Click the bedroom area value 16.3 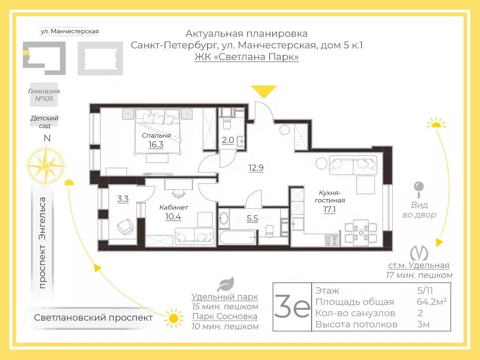(156, 144)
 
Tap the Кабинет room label (173, 207)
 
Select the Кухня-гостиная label (330, 196)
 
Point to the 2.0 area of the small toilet (228, 140)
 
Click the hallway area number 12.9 (256, 168)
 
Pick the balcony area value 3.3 (123, 199)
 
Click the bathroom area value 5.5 (252, 218)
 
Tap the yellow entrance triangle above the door (263, 91)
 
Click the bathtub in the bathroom (238, 238)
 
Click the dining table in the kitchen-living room (360, 232)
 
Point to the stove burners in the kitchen (331, 240)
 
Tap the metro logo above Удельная (419, 254)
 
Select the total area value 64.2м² (431, 302)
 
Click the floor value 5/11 (425, 291)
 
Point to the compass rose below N (46, 166)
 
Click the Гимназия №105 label (44, 95)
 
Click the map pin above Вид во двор (419, 189)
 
